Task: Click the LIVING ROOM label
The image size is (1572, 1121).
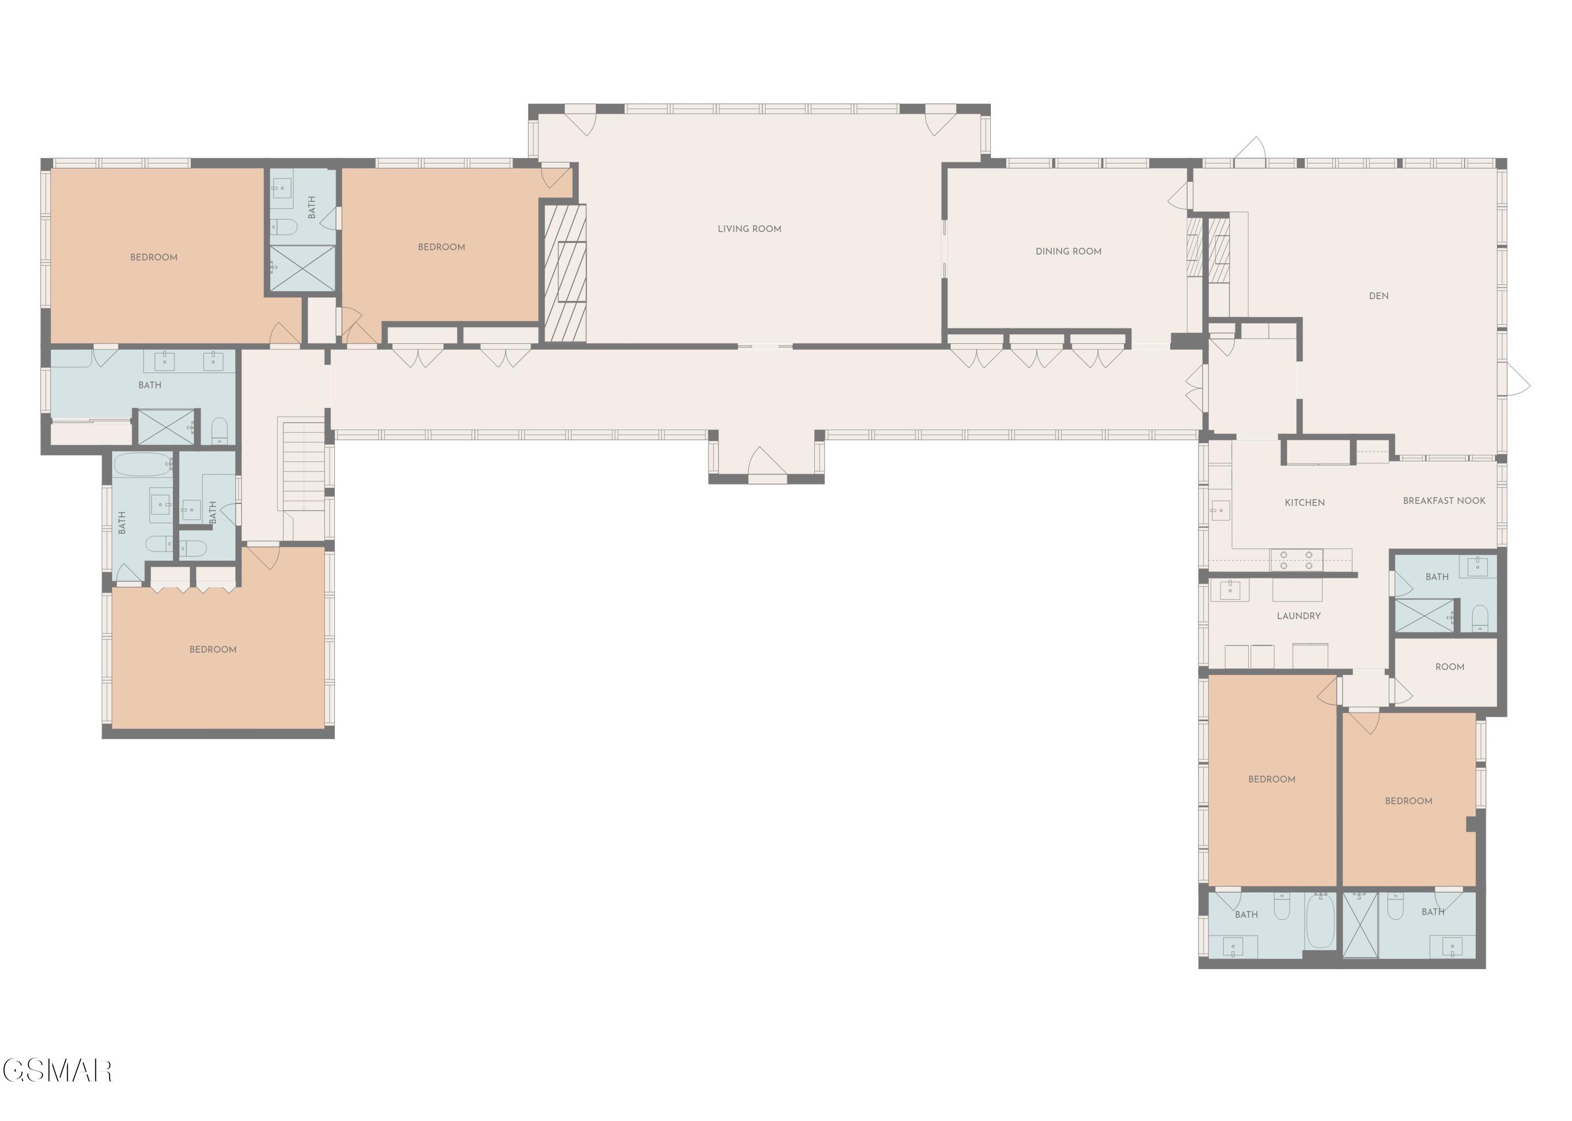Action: [x=749, y=228]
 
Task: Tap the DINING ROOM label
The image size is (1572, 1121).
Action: [x=1068, y=251]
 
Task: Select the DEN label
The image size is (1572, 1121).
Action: [x=1378, y=295]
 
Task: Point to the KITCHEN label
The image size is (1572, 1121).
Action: [x=1304, y=502]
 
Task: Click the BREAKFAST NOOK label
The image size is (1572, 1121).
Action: [x=1444, y=500]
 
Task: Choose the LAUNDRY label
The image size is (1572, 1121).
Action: [x=1298, y=616]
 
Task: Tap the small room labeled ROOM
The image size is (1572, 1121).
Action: [x=1449, y=667]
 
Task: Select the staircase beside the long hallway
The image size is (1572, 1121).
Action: [x=302, y=465]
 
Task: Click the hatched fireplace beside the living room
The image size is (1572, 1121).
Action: [x=565, y=273]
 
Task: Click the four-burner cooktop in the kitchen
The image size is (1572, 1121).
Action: [x=1296, y=560]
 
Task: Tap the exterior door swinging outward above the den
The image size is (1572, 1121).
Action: [x=1250, y=150]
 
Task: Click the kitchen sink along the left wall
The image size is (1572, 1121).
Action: [x=1219, y=510]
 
